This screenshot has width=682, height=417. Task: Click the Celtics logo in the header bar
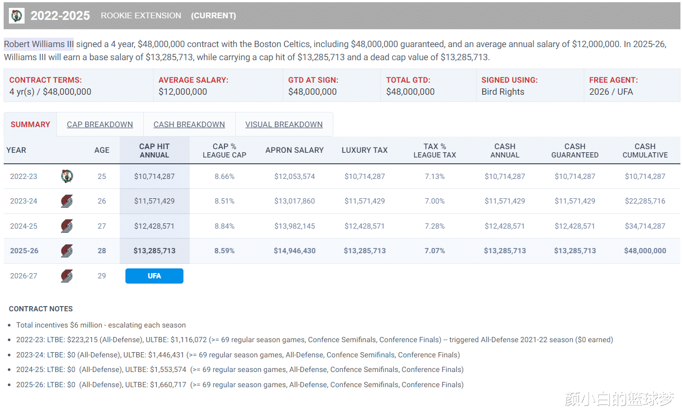click(17, 15)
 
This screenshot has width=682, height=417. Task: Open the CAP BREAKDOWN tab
click(100, 125)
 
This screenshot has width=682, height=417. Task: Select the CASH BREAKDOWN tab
click(189, 125)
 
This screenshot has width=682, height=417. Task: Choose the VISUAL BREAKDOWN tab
click(284, 125)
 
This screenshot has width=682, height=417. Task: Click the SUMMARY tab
click(30, 125)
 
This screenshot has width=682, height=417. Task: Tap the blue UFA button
click(154, 276)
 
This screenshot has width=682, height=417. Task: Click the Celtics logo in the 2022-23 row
click(67, 176)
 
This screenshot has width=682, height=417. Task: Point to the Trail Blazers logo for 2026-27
click(67, 276)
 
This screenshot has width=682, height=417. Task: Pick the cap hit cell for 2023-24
click(154, 201)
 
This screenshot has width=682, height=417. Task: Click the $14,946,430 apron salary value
click(295, 251)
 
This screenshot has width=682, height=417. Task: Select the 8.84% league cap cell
click(224, 226)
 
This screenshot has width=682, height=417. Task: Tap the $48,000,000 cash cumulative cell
click(645, 251)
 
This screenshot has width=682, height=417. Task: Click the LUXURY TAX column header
click(365, 150)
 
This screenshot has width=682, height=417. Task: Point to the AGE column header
click(102, 150)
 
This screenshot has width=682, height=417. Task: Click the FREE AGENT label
click(614, 80)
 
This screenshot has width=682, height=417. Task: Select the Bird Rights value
click(503, 92)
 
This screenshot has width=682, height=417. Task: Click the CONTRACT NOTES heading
click(41, 309)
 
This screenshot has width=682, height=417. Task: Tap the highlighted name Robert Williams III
click(39, 44)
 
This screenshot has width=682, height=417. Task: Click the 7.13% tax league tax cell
click(435, 176)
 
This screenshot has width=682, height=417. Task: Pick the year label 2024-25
click(24, 226)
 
